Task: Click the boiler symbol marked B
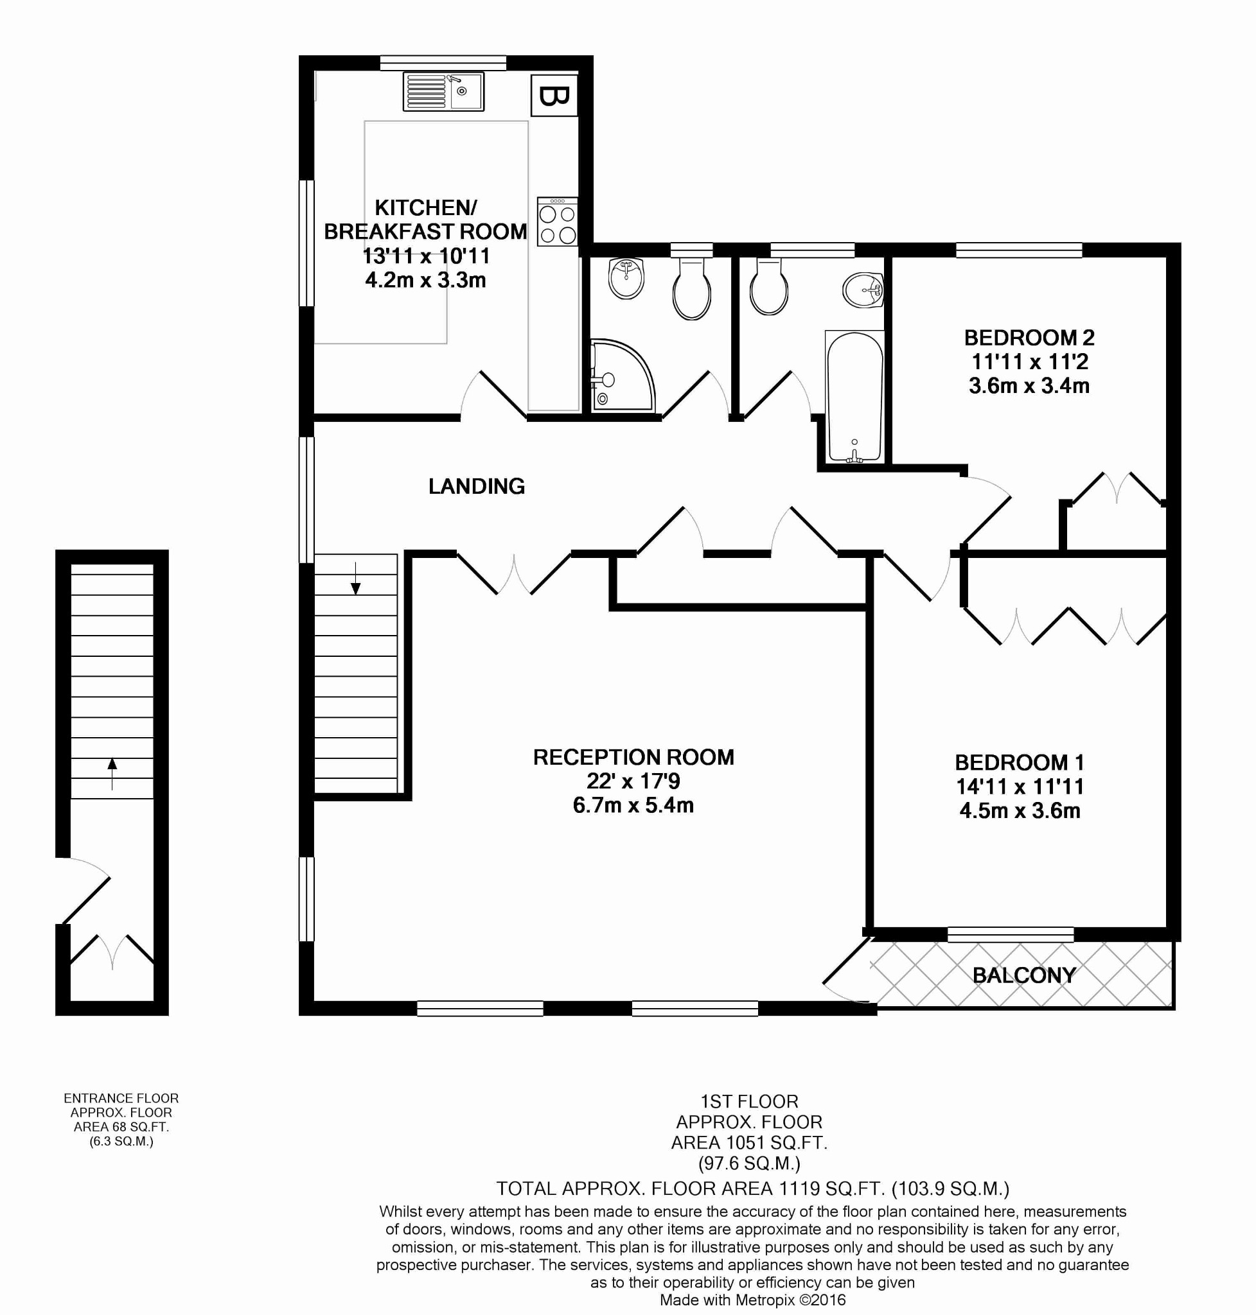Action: point(553,96)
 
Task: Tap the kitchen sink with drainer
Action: point(443,92)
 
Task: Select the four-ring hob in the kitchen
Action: point(557,222)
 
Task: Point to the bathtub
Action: point(854,397)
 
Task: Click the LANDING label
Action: point(477,487)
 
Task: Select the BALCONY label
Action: point(1024,976)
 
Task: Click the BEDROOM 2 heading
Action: point(1029,337)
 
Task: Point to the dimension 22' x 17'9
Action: point(633,781)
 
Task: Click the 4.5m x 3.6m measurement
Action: point(1020,811)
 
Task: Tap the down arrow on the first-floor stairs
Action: point(355,579)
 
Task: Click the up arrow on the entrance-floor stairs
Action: point(112,774)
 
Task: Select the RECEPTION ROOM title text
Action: point(633,757)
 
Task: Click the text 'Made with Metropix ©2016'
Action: point(752,1300)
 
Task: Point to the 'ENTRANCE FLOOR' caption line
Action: point(121,1098)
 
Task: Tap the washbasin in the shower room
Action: point(626,279)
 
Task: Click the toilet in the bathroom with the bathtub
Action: point(769,286)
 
